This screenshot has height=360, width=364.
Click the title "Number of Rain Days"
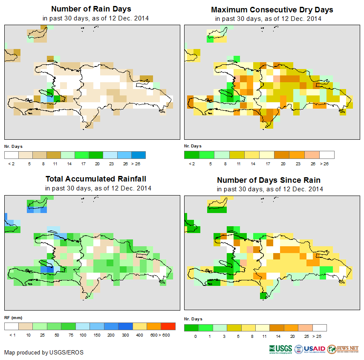point(91,9)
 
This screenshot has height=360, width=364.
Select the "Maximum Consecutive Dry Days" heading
point(272,9)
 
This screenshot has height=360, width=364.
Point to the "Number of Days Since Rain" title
point(269,180)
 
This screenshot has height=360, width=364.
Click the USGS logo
point(280,349)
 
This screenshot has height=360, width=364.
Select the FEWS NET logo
point(343,349)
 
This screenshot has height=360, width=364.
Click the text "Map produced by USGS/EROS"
point(44,352)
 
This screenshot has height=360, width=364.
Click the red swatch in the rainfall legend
point(168,326)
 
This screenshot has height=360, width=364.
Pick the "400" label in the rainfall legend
point(139,335)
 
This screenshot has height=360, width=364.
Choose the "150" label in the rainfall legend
point(96,335)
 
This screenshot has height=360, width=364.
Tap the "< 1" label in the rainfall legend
point(12,335)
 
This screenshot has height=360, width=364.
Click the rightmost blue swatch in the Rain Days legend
point(139,155)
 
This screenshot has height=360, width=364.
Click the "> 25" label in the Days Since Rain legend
point(320,336)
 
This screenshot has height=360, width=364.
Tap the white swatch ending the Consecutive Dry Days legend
point(327,155)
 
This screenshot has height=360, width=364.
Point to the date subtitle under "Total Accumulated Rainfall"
point(98,188)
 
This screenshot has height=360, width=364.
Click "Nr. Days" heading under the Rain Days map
point(14,146)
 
